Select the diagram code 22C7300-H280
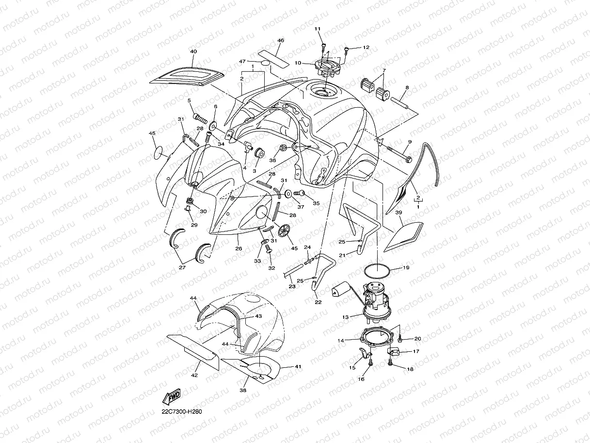[x=181, y=411]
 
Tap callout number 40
[x=193, y=51]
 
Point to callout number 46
[x=280, y=41]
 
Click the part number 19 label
[x=406, y=268]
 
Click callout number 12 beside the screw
[x=366, y=48]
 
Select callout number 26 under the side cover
[x=239, y=248]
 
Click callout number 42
[x=194, y=375]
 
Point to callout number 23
[x=292, y=286]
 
